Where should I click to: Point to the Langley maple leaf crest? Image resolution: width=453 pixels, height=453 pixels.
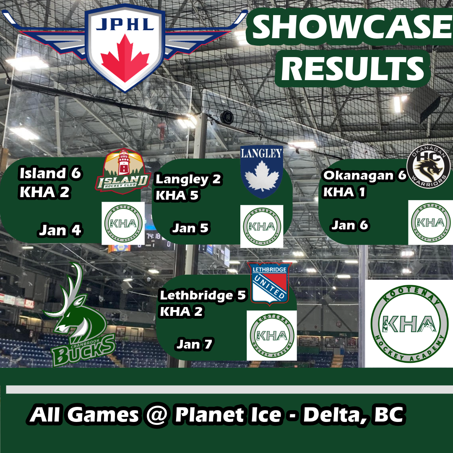click(262, 172)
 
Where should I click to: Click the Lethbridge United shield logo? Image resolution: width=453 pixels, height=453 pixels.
click(270, 283)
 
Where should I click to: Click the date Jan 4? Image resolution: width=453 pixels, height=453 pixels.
click(60, 230)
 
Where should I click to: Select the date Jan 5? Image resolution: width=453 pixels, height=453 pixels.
click(190, 229)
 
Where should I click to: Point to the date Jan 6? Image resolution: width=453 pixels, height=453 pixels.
click(350, 226)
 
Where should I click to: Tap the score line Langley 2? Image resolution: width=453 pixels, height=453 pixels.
click(189, 180)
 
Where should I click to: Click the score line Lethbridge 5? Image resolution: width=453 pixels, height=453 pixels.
click(203, 296)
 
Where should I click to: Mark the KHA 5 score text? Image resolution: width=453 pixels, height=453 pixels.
click(177, 195)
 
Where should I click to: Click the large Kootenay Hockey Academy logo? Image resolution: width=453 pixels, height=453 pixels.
click(409, 323)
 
